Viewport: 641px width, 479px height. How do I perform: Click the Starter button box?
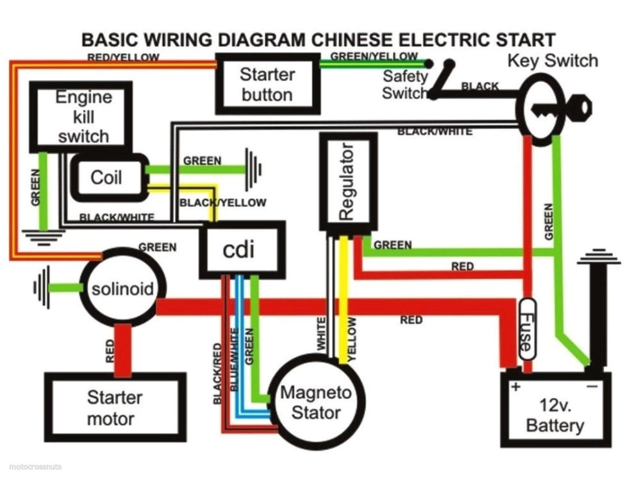pyautogui.click(x=267, y=83)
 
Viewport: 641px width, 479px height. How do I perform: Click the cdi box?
pyautogui.click(x=242, y=249)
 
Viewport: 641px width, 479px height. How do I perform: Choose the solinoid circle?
pyautogui.click(x=123, y=289)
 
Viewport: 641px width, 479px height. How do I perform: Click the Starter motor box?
pyautogui.click(x=115, y=408)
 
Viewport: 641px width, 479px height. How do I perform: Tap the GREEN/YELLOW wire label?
pyautogui.click(x=374, y=56)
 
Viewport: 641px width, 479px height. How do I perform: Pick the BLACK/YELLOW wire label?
pyautogui.click(x=222, y=203)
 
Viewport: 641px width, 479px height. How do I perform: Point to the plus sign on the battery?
pyautogui.click(x=515, y=387)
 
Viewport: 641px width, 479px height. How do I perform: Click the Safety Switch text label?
pyautogui.click(x=404, y=84)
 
